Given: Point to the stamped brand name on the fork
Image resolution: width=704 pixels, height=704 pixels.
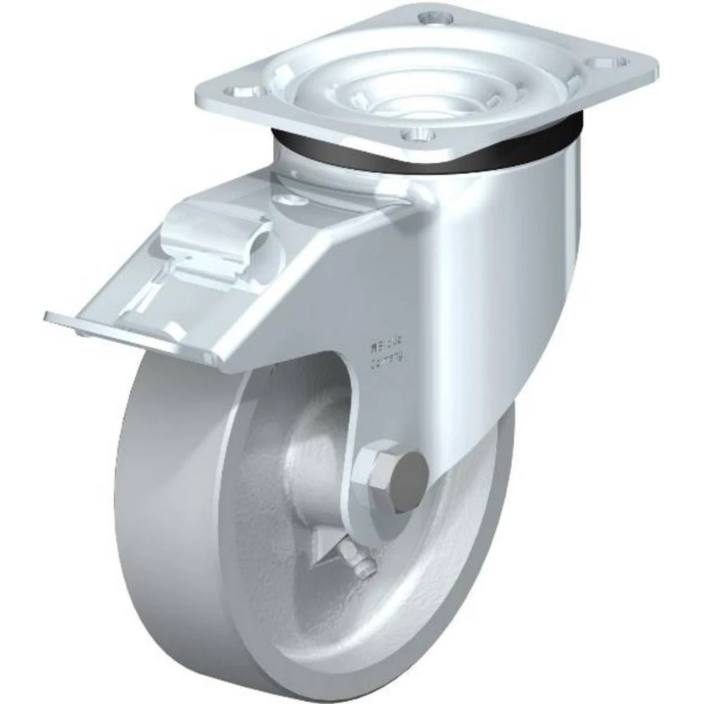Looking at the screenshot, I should point(386,346).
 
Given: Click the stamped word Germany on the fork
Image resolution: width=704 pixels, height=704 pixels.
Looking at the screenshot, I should point(387,361).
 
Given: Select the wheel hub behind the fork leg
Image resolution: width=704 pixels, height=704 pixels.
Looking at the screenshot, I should point(317,451).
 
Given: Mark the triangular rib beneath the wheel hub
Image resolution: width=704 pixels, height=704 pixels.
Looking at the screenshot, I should point(327,556).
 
